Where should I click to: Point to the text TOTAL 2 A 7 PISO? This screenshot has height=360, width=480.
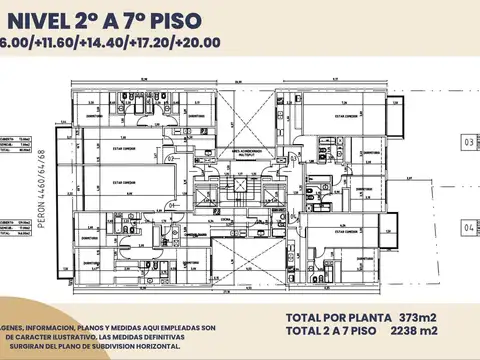coord(326,331)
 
